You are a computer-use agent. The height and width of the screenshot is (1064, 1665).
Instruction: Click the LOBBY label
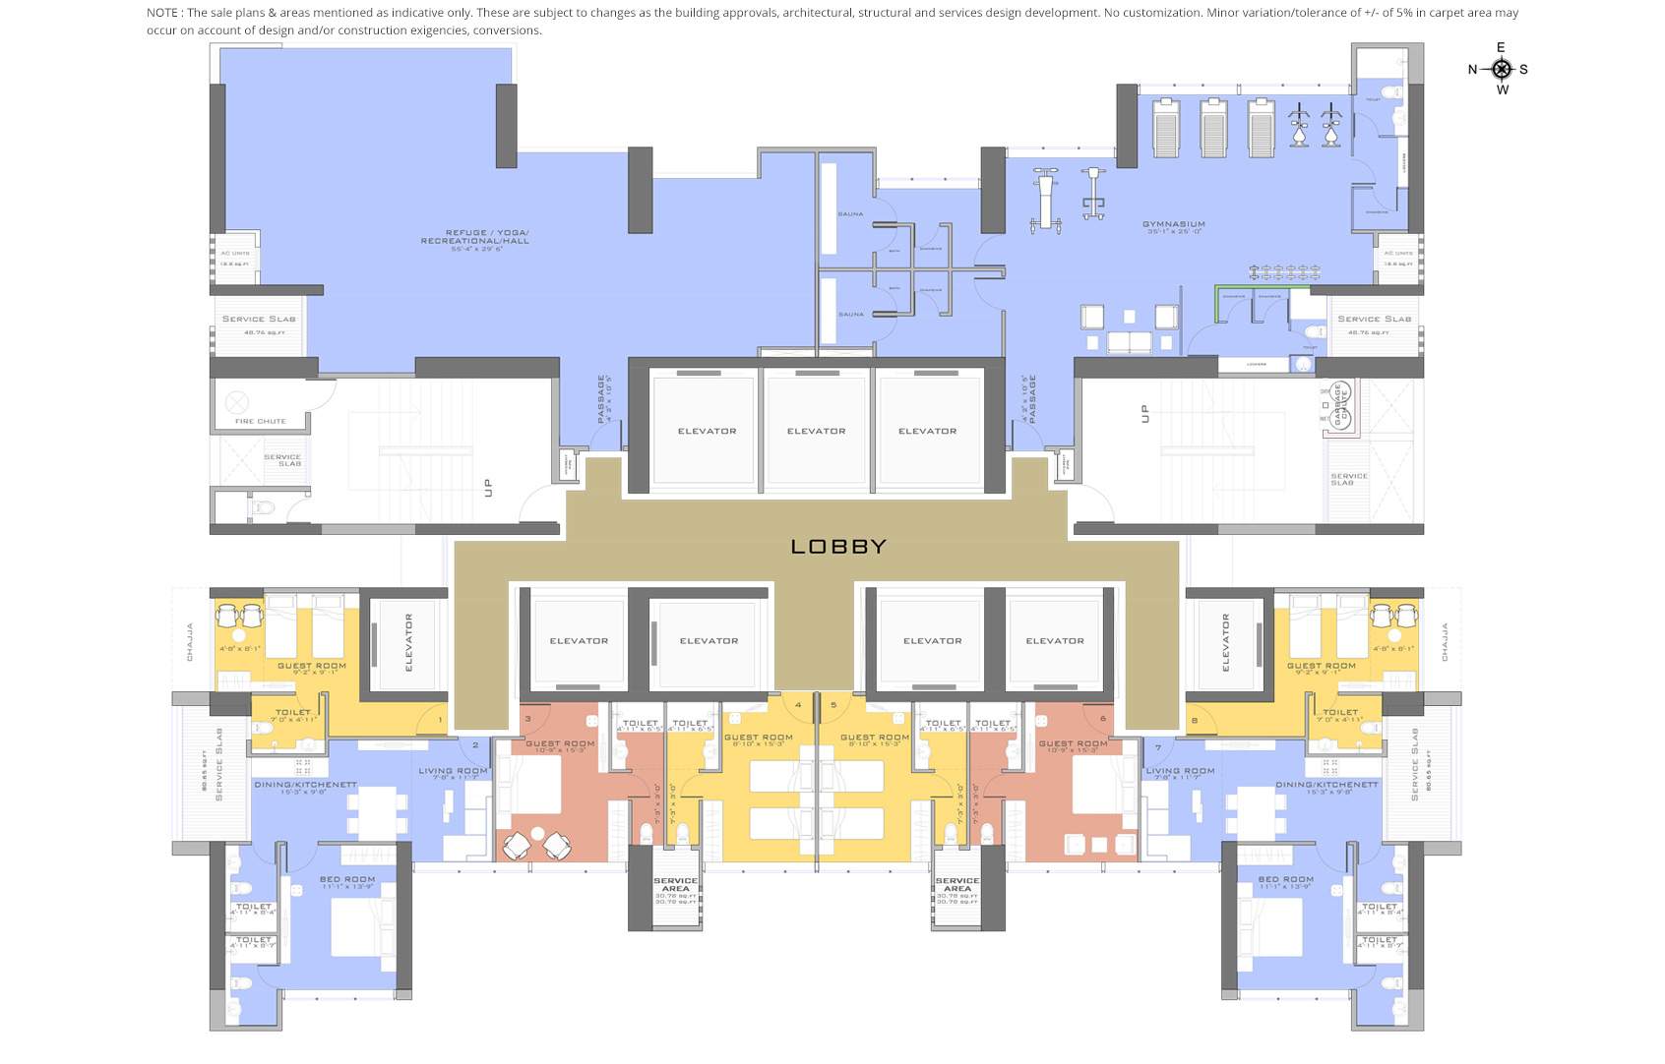pos(838,547)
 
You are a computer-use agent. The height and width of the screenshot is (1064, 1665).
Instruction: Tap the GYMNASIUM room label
pos(1173,224)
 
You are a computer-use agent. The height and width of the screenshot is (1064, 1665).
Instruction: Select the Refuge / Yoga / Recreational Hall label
pos(474,237)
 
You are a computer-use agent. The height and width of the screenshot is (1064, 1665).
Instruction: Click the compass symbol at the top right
pos(1501,69)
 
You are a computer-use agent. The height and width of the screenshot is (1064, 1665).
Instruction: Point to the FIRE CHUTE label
pos(260,421)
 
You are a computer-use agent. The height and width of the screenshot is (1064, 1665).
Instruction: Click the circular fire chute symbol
pos(236,401)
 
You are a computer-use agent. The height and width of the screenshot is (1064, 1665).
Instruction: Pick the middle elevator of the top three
pos(816,431)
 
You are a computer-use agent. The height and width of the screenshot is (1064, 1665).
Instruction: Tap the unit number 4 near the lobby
pos(798,705)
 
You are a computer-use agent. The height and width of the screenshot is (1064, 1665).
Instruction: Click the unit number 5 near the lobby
pos(833,705)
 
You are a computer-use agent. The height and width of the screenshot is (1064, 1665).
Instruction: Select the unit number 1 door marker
pos(440,720)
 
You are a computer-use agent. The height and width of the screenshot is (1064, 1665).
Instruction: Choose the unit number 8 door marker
pos(1194,720)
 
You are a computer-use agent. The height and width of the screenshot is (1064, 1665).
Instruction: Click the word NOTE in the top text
pos(162,13)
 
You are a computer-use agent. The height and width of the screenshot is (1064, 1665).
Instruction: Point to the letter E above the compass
pos(1501,47)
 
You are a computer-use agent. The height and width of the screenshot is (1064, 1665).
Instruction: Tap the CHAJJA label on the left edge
pos(190,641)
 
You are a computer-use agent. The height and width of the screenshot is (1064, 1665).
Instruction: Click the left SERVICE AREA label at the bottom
pos(675,884)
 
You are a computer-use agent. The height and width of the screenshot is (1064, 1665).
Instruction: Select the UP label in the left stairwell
pos(488,487)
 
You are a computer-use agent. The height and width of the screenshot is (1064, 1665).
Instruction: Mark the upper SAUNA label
pos(850,213)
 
